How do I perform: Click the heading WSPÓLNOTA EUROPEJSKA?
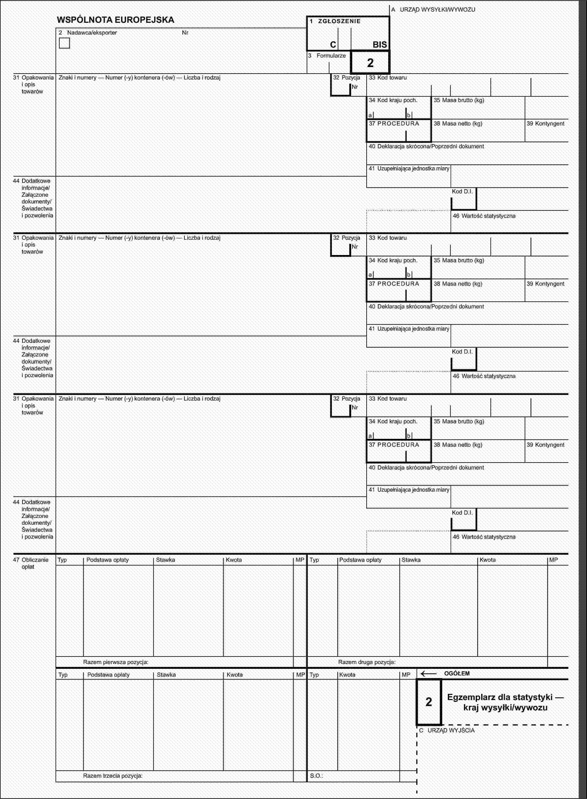(x=116, y=20)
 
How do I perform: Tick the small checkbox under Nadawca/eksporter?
(x=64, y=43)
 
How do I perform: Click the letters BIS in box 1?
(x=380, y=45)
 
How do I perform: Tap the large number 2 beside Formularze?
(x=370, y=63)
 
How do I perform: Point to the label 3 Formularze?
(x=327, y=56)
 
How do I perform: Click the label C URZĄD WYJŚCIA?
(x=447, y=730)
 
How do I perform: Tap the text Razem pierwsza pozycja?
(x=116, y=662)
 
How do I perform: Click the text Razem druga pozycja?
(x=367, y=662)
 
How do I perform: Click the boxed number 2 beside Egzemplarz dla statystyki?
(x=429, y=702)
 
